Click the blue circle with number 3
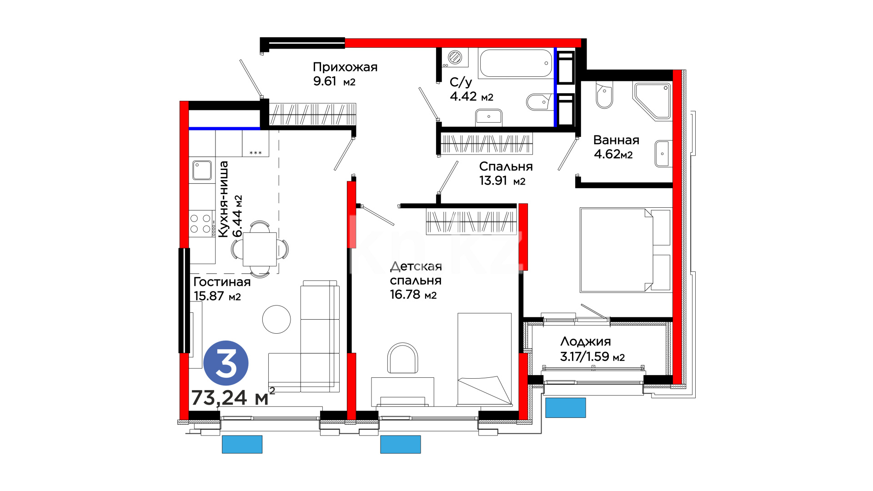[226, 363]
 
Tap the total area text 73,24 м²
[233, 397]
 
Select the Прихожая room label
[345, 67]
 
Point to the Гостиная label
[222, 282]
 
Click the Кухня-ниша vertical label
[223, 199]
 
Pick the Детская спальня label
[416, 273]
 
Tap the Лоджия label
[586, 342]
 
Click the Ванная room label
[616, 140]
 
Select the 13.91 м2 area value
[502, 181]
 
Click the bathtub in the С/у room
[516, 63]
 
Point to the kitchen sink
[202, 170]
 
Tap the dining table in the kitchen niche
[260, 249]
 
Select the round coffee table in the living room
[276, 319]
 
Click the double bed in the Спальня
[626, 250]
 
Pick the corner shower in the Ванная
[652, 101]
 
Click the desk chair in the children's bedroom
[402, 358]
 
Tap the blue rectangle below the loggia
[566, 408]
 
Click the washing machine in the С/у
[455, 58]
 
